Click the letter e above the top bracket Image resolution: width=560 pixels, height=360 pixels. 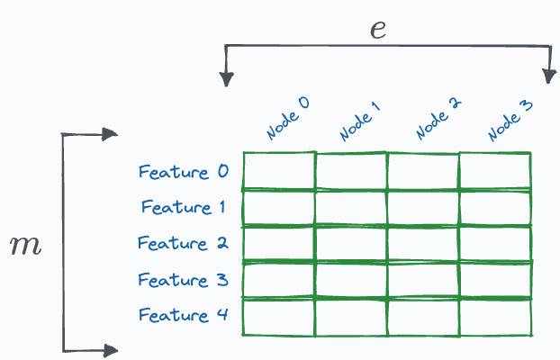[378, 29]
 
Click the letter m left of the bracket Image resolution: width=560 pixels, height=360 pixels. [24, 246]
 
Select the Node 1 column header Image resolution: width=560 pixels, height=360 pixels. [360, 121]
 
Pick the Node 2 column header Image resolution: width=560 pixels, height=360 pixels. [438, 120]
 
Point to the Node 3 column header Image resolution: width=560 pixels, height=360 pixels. [510, 121]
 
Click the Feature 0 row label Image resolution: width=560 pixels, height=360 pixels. [184, 171]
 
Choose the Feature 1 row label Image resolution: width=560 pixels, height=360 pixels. [184, 207]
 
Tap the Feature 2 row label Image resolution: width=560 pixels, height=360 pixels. [184, 243]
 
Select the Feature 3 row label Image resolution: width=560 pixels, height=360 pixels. [184, 279]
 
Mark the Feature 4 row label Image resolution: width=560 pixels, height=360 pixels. [184, 315]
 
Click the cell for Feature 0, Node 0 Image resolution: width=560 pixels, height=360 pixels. [278, 171]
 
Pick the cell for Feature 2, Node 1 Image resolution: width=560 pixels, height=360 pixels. [351, 244]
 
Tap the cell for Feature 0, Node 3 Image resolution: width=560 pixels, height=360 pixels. [495, 171]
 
